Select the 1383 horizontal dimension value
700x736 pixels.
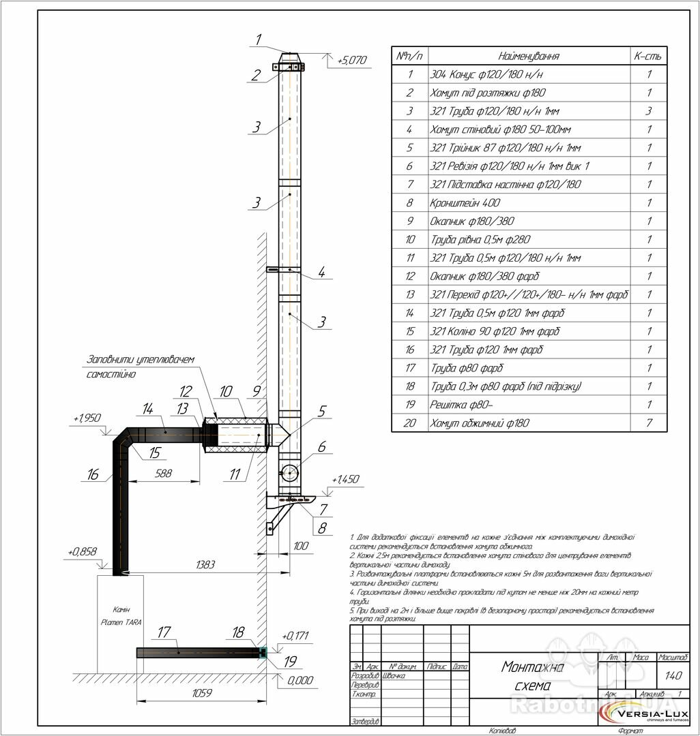pyautogui.click(x=205, y=566)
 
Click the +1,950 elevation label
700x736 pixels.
pyautogui.click(x=87, y=417)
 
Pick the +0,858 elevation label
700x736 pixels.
pyautogui.click(x=83, y=551)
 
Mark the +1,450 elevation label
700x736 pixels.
pyautogui.click(x=345, y=480)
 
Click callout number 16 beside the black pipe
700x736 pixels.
pyautogui.click(x=93, y=474)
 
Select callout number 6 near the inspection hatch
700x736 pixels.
pyautogui.click(x=320, y=448)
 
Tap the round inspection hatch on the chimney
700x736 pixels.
pyautogui.click(x=290, y=471)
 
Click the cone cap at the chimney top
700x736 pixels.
pyautogui.click(x=289, y=56)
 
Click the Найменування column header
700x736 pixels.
pyautogui.click(x=529, y=56)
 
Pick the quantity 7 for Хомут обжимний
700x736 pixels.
pyautogui.click(x=648, y=423)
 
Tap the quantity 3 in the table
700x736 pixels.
pyautogui.click(x=648, y=111)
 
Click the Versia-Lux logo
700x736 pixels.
pyautogui.click(x=647, y=714)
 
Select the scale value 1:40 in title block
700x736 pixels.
pyautogui.click(x=673, y=675)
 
